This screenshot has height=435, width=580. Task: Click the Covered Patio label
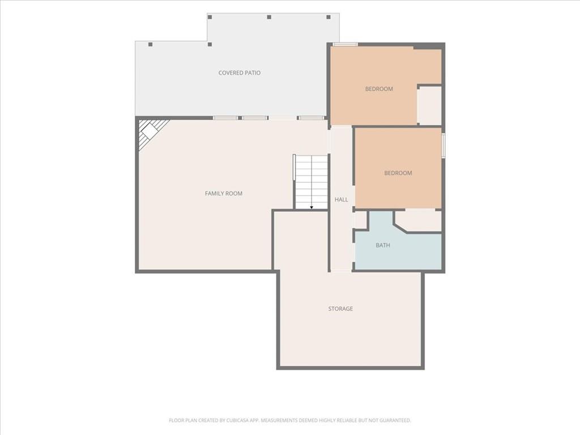pos(240,73)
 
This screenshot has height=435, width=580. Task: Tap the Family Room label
pos(223,194)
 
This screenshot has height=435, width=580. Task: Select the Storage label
pos(340,309)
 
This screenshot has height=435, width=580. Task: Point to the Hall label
pos(341,200)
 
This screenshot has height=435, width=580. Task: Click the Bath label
pos(382,245)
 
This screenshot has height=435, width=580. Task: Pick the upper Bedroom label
pos(379,89)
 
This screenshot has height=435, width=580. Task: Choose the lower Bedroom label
pos(398,173)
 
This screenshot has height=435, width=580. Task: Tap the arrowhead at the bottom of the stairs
pos(312,207)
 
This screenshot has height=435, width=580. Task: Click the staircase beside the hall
pos(312,182)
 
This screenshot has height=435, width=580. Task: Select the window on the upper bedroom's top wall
pos(345,44)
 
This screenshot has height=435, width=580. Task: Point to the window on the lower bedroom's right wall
pos(443,146)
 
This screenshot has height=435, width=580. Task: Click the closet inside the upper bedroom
pos(430,106)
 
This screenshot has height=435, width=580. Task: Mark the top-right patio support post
pos(328,17)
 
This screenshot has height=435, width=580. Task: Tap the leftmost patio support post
pos(150,44)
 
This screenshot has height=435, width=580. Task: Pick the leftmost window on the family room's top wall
pos(225,118)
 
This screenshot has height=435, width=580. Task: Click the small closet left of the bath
pos(361,220)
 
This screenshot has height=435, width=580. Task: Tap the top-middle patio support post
pos(269,17)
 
